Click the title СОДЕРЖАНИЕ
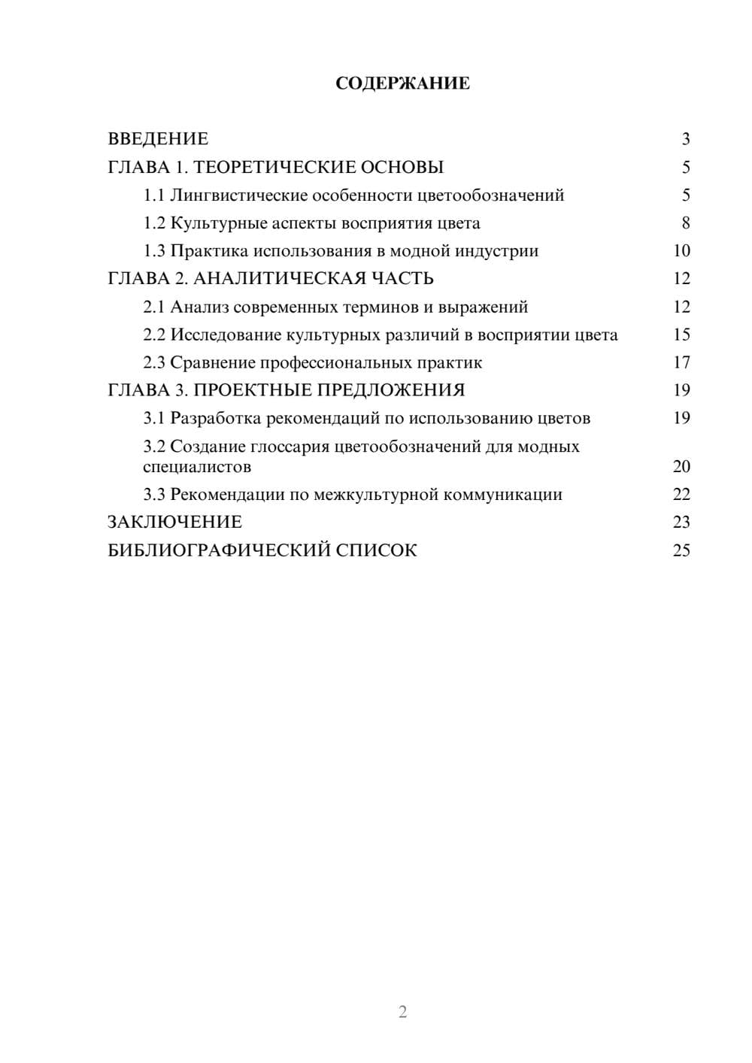pyautogui.click(x=402, y=83)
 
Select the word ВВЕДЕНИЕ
pyautogui.click(x=158, y=139)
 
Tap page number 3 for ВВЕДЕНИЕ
pyautogui.click(x=685, y=139)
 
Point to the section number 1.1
pyautogui.click(x=153, y=195)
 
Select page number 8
pyautogui.click(x=685, y=223)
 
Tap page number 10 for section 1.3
pyautogui.click(x=681, y=251)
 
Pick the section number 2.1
pyautogui.click(x=153, y=307)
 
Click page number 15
pyautogui.click(x=681, y=335)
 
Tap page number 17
pyautogui.click(x=681, y=363)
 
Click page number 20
pyautogui.click(x=681, y=467)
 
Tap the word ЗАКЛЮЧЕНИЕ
pyautogui.click(x=174, y=522)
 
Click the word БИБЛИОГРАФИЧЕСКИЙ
pyautogui.click(x=218, y=550)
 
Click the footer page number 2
pyautogui.click(x=402, y=1012)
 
